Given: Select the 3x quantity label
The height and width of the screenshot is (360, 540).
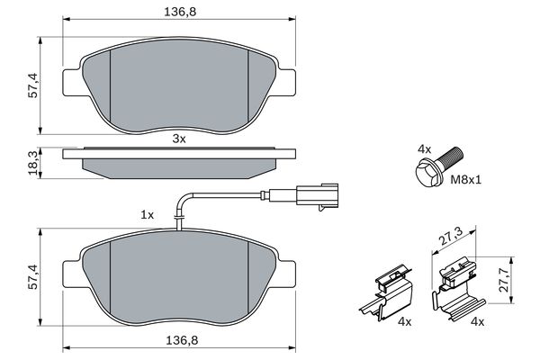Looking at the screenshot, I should (x=178, y=139).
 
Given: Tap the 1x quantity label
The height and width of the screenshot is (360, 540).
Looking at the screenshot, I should (x=147, y=215).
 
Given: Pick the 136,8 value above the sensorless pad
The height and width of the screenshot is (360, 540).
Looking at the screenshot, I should (x=178, y=13).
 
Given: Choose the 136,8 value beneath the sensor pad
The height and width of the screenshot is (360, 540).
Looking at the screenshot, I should (x=178, y=341).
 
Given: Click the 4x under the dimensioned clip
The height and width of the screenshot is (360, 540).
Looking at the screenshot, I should (x=478, y=321).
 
